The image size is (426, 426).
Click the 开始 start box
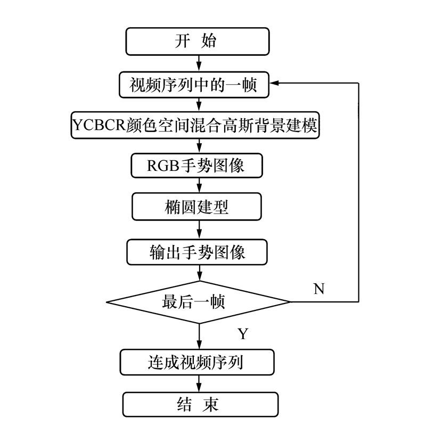pos(197,42)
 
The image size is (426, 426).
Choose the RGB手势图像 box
pos(197,165)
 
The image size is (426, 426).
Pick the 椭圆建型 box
pos(197,207)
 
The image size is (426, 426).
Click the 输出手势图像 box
pos(197,251)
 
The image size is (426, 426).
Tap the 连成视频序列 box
pos(197,363)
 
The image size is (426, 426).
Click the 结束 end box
pos(200,404)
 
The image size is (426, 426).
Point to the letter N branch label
pos(319,289)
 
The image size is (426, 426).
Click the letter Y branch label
pos(243,334)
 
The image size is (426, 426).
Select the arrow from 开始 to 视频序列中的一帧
pos(200,63)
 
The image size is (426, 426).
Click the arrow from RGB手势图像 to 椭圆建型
pos(200,185)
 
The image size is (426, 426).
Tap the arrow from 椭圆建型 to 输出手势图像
pos(200,229)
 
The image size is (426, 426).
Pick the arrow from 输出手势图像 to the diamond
pos(200,273)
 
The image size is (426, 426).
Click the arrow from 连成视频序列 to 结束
pos(200,383)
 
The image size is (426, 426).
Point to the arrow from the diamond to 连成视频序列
pos(200,336)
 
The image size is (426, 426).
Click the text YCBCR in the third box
pos(97,126)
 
